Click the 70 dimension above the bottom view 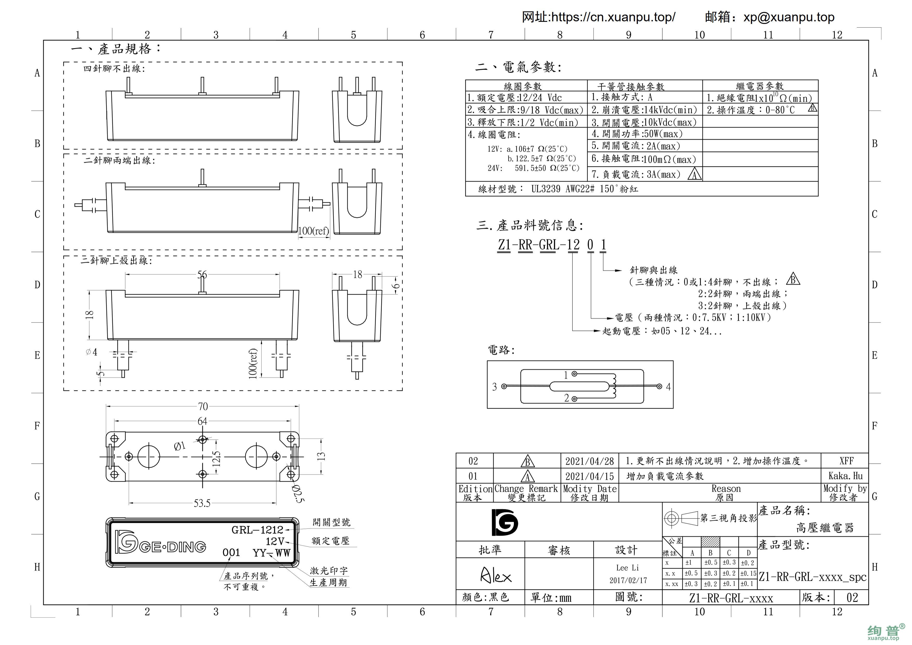(x=203, y=406)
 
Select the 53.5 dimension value (x=202, y=503)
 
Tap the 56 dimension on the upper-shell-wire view (x=202, y=274)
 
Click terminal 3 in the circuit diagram (x=504, y=386)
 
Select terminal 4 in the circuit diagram (x=659, y=386)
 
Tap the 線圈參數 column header (x=523, y=86)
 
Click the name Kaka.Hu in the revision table (x=845, y=476)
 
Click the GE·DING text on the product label (x=173, y=547)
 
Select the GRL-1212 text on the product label (x=257, y=530)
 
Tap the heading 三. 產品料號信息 (x=530, y=225)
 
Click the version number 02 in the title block (x=852, y=597)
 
